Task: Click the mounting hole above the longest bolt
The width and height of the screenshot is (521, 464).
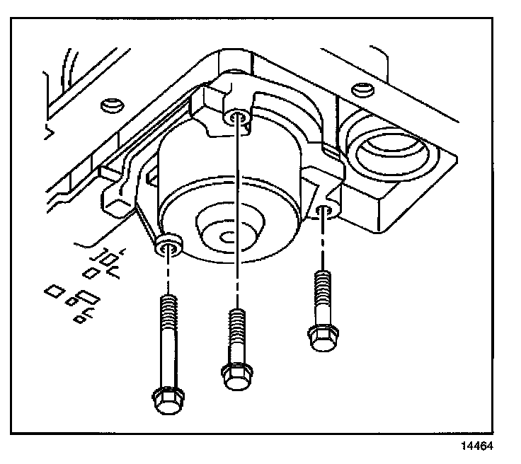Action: click(168, 246)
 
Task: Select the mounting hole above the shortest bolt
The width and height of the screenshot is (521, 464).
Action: click(324, 210)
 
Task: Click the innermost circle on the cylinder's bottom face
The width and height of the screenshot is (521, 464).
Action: click(227, 238)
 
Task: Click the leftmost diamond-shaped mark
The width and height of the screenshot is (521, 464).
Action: click(52, 290)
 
